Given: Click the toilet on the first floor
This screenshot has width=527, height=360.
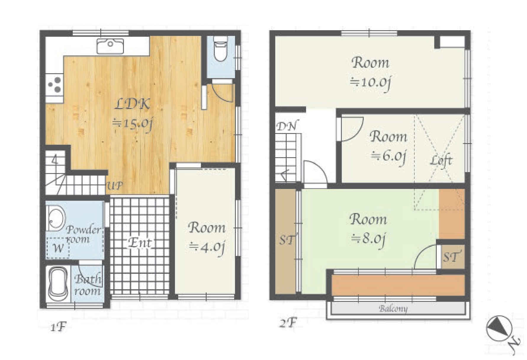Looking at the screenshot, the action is (x=220, y=49).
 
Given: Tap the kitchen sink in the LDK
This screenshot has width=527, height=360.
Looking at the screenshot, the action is (x=110, y=46).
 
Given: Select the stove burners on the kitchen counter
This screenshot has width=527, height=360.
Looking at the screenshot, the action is (x=55, y=85).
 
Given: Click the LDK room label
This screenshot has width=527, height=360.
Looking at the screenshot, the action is (x=132, y=104).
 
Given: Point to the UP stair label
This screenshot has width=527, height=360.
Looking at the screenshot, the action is (x=115, y=186).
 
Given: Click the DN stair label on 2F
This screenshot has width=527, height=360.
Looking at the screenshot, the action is (x=287, y=127).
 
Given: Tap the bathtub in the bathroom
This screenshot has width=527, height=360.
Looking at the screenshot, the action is (x=58, y=284).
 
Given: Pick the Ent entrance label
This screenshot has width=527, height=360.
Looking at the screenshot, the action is (x=140, y=243).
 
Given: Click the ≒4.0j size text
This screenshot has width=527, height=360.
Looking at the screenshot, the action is (x=207, y=247).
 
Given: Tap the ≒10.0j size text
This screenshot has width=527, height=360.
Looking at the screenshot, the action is (x=370, y=82).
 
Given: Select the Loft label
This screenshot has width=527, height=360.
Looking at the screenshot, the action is (x=441, y=161).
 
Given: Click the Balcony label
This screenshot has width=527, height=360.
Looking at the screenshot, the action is (x=393, y=309).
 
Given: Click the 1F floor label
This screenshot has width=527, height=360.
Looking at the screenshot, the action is (x=58, y=327).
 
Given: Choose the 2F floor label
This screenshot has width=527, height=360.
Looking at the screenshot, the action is (x=288, y=323).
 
